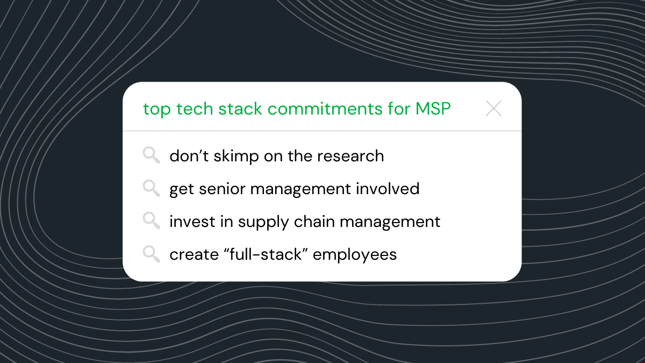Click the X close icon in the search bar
493,109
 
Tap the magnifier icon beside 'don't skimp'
151,156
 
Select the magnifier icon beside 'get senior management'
151,188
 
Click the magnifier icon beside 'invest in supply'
151,221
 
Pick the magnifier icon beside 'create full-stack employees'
151,254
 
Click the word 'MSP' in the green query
433,109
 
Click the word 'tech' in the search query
195,109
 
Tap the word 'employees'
355,255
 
